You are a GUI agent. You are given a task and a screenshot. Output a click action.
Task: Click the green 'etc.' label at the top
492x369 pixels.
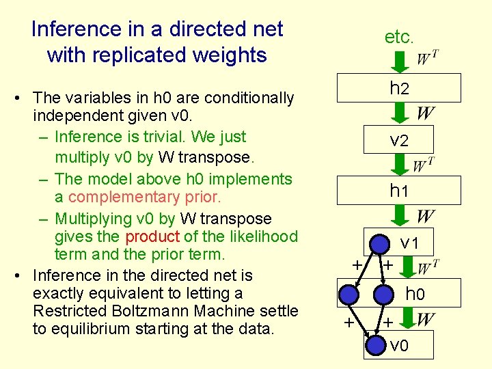(x=398, y=37)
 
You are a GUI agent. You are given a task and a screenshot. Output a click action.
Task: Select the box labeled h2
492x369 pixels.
(x=399, y=88)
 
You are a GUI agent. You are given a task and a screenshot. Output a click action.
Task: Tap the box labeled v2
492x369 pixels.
(x=399, y=140)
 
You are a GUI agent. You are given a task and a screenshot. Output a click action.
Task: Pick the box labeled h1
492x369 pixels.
(x=399, y=191)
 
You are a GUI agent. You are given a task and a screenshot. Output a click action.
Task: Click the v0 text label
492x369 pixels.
(x=399, y=345)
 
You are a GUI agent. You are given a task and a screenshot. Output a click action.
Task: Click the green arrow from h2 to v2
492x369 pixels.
(x=400, y=113)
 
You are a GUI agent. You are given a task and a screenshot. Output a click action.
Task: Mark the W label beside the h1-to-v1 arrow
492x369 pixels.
(x=425, y=217)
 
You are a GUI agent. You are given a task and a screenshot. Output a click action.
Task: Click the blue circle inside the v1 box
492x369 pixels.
(x=380, y=244)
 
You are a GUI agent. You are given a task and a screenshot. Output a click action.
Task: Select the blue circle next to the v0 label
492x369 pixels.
(x=375, y=344)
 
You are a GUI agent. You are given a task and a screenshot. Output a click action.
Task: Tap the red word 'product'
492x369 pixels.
(x=152, y=236)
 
